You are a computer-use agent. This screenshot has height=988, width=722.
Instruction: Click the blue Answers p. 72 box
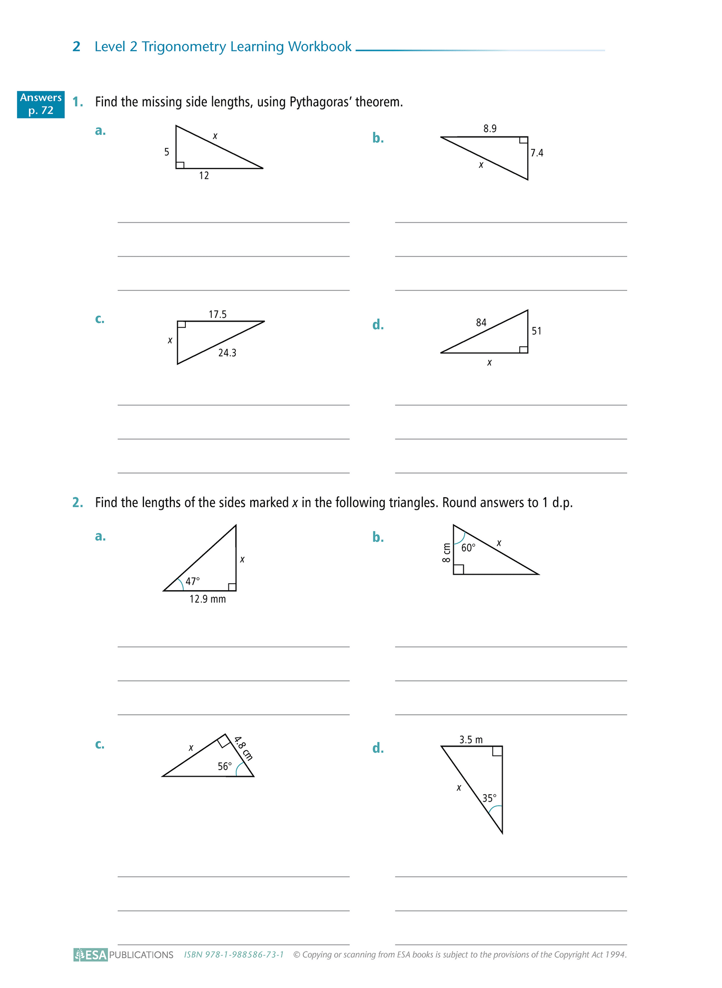tap(40, 104)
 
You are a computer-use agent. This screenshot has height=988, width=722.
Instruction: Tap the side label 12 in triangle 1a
tap(204, 176)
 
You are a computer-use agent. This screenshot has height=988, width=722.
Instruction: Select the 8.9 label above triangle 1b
tap(490, 129)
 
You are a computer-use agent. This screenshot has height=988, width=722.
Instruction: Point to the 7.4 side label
tap(537, 153)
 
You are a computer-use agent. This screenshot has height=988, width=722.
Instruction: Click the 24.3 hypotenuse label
tap(227, 353)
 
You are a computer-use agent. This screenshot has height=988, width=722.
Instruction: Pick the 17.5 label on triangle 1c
tap(217, 314)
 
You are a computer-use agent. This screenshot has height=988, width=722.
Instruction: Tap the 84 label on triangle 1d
tap(481, 323)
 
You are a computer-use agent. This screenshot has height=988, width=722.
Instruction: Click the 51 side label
tap(536, 331)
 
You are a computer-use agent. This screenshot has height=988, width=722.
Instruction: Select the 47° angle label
tap(192, 581)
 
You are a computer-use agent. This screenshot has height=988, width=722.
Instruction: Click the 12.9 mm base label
tap(207, 599)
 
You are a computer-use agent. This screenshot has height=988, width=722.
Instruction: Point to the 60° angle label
tap(468, 548)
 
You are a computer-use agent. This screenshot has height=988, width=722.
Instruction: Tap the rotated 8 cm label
tap(446, 553)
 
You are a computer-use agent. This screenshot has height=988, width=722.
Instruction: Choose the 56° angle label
tap(225, 766)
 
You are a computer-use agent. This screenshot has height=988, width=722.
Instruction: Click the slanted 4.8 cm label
tap(243, 748)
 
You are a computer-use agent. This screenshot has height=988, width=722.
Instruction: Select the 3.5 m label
tap(471, 740)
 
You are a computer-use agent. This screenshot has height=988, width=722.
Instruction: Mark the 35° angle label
tap(489, 798)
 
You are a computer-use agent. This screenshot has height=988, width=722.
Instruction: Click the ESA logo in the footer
tap(90, 955)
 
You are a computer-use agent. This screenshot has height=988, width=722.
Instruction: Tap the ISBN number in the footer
tap(234, 955)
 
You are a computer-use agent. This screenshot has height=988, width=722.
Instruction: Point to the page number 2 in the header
tap(76, 46)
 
